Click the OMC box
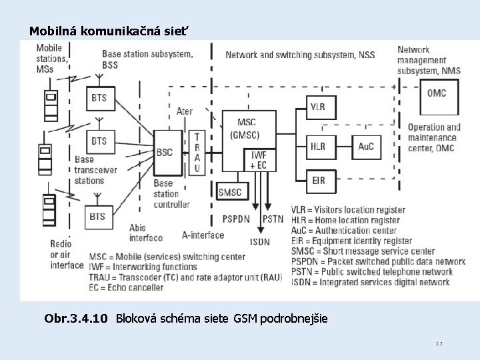[x=437, y=93]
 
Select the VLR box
[x=317, y=107]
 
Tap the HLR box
[x=317, y=147]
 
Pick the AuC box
[x=366, y=147]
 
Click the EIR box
[x=317, y=179]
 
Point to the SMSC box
[x=230, y=193]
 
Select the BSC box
[x=165, y=152]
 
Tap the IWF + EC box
[x=258, y=160]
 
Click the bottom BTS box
[x=97, y=216]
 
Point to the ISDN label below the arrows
[x=259, y=241]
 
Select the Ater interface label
[x=185, y=111]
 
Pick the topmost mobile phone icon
[x=50, y=105]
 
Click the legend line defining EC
[x=126, y=287]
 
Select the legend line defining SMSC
[x=363, y=251]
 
